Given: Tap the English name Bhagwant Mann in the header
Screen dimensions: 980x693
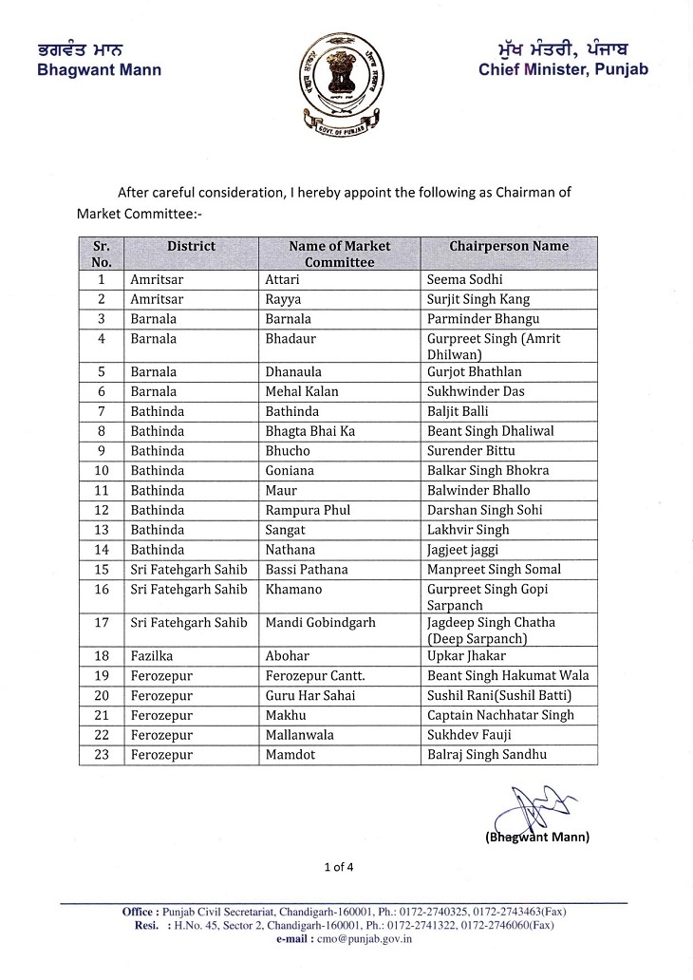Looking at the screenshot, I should [99, 70].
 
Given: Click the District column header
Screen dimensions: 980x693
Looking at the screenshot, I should [191, 247].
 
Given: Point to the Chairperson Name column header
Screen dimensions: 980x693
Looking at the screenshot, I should [509, 247].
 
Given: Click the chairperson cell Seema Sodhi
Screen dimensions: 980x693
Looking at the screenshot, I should [465, 280].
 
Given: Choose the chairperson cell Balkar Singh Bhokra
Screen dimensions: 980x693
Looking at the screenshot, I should [488, 471].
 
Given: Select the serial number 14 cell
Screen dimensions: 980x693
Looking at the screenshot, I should [102, 550].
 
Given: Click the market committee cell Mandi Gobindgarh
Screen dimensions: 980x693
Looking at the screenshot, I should [319, 623].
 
